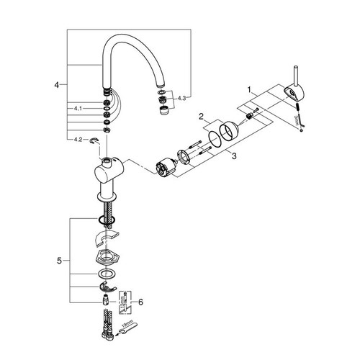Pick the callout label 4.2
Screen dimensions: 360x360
click(78, 138)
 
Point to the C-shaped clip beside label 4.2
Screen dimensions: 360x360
click(94, 141)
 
